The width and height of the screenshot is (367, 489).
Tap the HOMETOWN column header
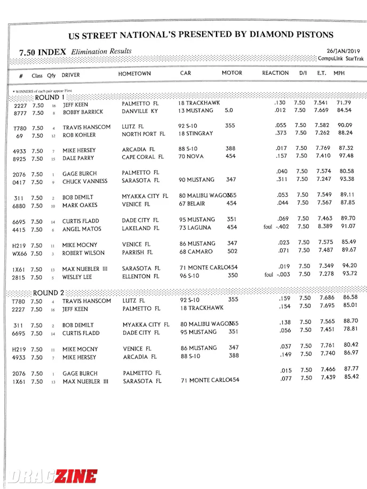134,74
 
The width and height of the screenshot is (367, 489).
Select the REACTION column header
275,73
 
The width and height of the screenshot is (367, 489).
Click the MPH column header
339,73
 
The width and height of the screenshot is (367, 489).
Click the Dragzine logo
53,476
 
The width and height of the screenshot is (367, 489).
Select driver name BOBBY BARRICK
83,113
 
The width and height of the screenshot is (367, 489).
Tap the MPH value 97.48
346,156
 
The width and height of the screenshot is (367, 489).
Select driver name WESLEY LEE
81,277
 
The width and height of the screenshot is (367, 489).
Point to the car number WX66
20,254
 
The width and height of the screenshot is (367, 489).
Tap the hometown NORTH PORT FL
140,134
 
